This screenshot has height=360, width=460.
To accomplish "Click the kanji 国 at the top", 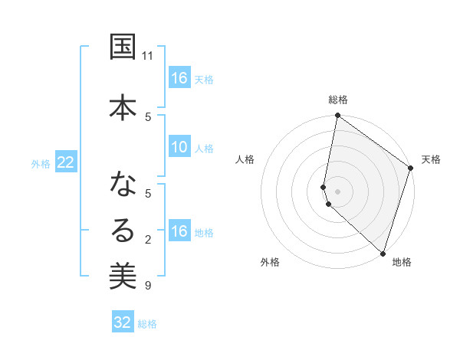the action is click(123, 47).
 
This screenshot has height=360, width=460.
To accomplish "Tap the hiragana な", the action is click(123, 185).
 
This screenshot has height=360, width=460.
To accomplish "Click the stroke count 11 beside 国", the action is click(148, 56).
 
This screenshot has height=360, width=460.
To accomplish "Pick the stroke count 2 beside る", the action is click(148, 240).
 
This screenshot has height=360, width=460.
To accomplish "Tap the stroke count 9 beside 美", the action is click(148, 286).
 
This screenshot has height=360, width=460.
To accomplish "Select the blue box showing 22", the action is click(65, 162).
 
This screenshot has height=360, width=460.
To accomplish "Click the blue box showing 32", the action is click(123, 322).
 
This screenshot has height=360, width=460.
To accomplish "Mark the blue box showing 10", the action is click(179, 147).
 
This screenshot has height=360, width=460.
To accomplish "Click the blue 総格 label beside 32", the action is click(147, 324).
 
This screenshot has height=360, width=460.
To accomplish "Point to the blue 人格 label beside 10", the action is click(204, 148).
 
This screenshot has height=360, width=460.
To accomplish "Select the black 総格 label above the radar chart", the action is click(338, 100).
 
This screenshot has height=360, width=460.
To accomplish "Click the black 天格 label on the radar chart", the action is click(431, 159).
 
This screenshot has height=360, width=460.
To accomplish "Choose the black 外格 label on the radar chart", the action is click(270, 262).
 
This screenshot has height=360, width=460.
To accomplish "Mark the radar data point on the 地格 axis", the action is click(383, 253).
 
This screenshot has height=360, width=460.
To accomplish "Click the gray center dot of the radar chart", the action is click(338, 191).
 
